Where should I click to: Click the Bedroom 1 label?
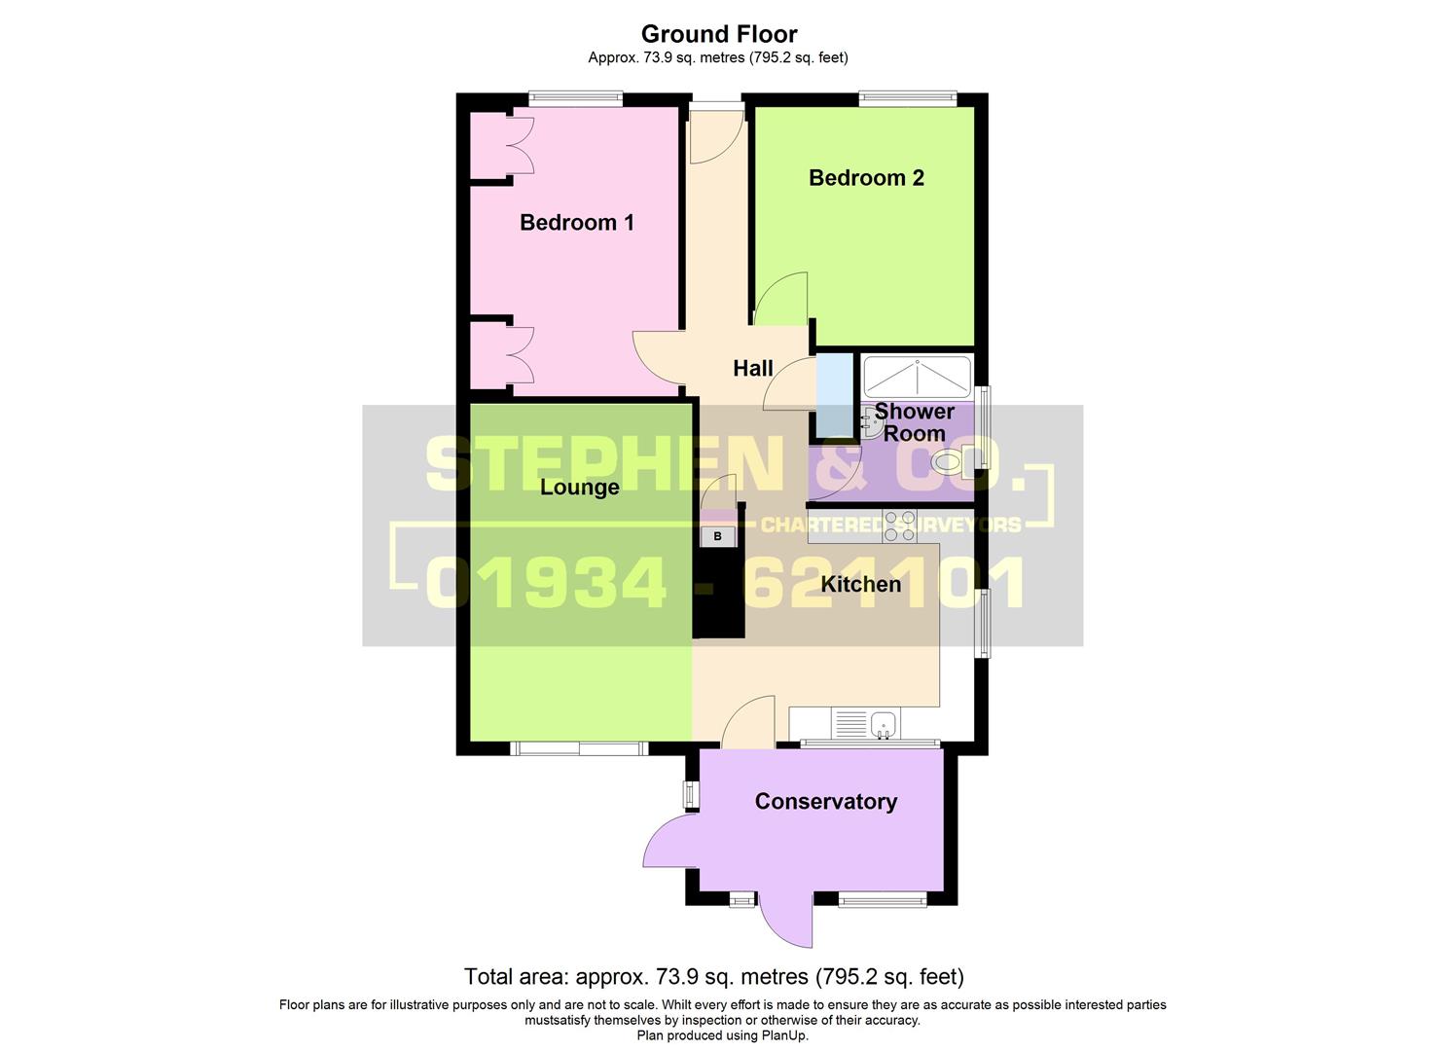[x=576, y=223]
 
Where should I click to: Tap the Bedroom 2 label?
[x=866, y=178]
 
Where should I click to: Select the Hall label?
[x=752, y=369]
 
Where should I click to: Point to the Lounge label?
[x=579, y=487]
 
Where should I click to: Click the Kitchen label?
[x=860, y=584]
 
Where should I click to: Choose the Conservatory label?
[x=825, y=801]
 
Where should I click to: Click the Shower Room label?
[x=914, y=422]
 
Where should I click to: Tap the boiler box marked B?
[x=718, y=536]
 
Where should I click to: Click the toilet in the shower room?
[x=948, y=462]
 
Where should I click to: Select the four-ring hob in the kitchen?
[x=899, y=525]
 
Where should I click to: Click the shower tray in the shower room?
[x=917, y=376]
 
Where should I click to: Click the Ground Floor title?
[x=718, y=34]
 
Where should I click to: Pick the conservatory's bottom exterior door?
[x=786, y=920]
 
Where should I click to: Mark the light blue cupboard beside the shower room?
[x=832, y=395]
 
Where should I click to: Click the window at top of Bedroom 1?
[x=575, y=97]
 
